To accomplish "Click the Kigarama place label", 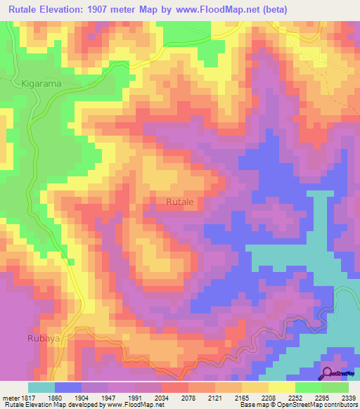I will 42,83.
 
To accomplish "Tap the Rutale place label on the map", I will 180,202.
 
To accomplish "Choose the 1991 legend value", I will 135,397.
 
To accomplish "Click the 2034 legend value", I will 162,397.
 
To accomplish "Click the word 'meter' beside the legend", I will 9,397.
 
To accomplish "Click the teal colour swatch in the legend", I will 41,387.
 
